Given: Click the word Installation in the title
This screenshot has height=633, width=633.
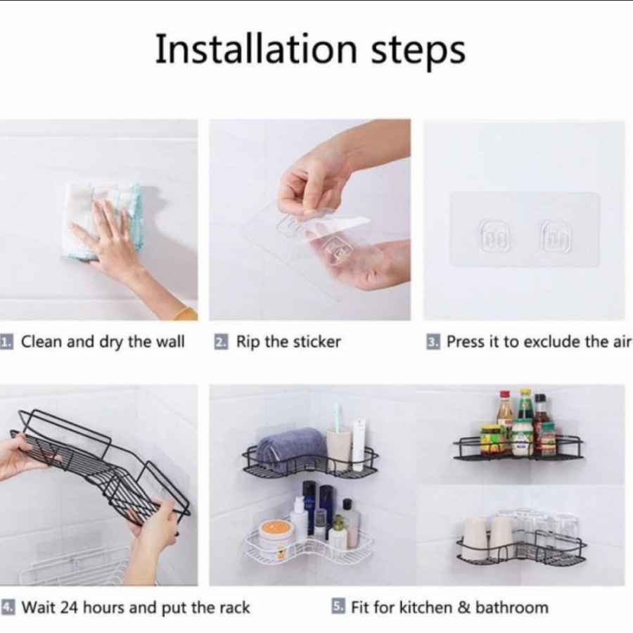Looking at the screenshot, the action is pos(256,49).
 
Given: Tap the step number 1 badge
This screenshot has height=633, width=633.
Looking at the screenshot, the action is pos(6,342).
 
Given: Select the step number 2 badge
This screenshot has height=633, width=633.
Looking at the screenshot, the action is pos(220,342).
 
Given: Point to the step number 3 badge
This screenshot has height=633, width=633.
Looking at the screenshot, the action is pos(433,342).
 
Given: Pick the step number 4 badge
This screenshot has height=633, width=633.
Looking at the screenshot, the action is pos(8,607).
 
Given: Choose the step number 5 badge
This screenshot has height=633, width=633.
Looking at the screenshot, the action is pos(338,607).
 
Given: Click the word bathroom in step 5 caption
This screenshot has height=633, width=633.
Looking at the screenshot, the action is pos(512,607).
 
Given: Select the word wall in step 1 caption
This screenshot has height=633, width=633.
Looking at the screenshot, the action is pos(170,342).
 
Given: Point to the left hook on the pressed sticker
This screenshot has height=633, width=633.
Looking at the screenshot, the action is pos(493,236).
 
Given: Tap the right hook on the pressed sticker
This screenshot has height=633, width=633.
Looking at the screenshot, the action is pos(556,236).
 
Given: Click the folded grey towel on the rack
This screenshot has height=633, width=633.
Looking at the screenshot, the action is pos(290,449).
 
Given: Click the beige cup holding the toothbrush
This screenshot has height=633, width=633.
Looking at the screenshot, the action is pos(338,448).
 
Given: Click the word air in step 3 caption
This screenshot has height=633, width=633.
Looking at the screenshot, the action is pos(623,342).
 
